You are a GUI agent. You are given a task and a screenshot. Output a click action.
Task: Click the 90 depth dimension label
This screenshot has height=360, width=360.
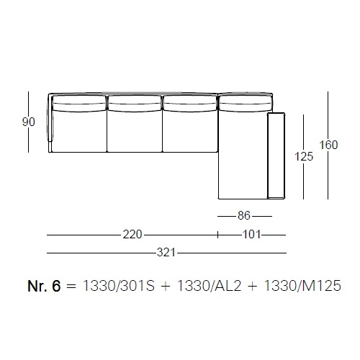click(x=29, y=122)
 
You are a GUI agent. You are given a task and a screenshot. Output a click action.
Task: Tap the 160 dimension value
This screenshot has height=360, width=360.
click(x=328, y=145)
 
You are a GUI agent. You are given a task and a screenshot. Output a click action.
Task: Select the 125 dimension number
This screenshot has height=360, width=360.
click(x=304, y=157)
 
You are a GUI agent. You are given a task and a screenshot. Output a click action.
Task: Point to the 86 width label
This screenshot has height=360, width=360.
click(x=244, y=215)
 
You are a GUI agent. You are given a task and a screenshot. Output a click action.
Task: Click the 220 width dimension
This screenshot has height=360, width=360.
click(x=132, y=235)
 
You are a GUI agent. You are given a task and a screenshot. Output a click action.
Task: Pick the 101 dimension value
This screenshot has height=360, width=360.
click(x=251, y=235)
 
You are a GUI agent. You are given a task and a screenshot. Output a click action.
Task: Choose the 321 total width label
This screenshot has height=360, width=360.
click(x=166, y=253)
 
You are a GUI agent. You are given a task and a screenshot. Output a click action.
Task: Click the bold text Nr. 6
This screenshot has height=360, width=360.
click(x=44, y=286)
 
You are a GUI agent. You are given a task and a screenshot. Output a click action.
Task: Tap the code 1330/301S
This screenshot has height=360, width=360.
click(x=119, y=286)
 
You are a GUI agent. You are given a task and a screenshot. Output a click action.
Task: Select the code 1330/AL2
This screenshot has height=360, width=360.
click(x=209, y=286)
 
